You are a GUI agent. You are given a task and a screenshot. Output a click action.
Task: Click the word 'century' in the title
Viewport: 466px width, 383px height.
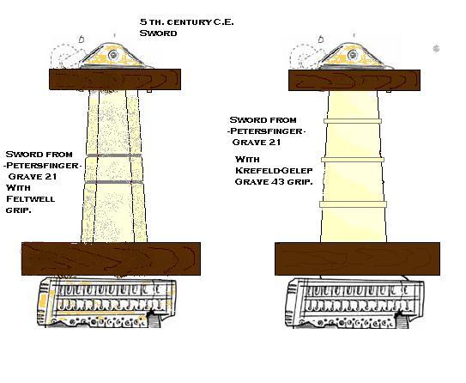pos(188,22)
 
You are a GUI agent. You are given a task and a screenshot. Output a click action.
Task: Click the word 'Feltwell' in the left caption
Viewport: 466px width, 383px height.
pos(31,198)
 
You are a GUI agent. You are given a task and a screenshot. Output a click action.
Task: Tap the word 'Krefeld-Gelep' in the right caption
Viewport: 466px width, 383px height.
pos(274,170)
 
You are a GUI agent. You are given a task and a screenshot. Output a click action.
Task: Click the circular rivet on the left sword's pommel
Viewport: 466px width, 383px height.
pos(113,55)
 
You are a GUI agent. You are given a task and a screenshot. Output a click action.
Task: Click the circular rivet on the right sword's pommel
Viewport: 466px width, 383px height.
pos(353,55)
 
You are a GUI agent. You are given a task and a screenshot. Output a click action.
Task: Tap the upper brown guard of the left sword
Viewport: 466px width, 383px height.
pos(115,79)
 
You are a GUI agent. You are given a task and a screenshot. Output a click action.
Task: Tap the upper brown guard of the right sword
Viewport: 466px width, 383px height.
pos(354,80)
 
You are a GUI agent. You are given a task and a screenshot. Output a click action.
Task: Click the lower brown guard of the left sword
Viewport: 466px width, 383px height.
pos(112,258)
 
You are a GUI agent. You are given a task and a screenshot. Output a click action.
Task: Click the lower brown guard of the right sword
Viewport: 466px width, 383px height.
pos(357,258)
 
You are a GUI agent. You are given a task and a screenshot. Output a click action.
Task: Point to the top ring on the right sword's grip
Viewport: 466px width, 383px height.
pos(353,121)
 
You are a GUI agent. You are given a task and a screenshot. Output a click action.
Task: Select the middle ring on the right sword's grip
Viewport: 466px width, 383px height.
pos(353,160)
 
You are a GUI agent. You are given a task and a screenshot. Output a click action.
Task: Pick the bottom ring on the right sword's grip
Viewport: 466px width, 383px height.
pos(353,204)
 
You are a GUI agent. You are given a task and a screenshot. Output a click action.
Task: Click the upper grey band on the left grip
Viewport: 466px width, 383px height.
pos(114,155)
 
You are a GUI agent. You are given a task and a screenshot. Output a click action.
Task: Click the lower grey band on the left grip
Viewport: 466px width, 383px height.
pos(114,182)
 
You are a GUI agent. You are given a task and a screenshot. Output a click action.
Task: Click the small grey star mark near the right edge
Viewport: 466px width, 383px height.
pos(436,48)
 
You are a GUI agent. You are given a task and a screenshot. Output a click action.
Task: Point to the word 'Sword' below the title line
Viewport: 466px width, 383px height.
pos(158,33)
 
